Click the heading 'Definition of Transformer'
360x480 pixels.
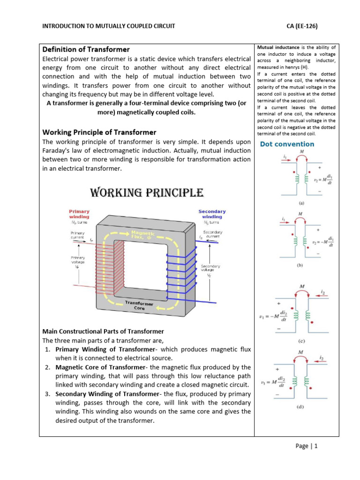tap(86, 49)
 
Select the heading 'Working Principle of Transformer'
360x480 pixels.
tap(99, 132)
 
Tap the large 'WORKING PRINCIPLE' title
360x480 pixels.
tap(146, 193)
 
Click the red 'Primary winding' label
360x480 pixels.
tap(79, 214)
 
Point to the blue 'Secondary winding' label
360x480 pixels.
tap(212, 214)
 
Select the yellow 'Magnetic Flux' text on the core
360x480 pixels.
tap(144, 235)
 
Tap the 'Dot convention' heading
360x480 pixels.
tap(287, 144)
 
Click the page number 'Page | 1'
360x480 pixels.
tap(307, 446)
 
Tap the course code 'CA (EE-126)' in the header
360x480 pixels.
tap(302, 26)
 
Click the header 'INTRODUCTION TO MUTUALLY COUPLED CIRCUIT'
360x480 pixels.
tap(109, 26)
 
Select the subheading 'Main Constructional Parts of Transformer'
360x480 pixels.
tap(103, 331)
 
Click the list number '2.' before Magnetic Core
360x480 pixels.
tap(48, 367)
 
